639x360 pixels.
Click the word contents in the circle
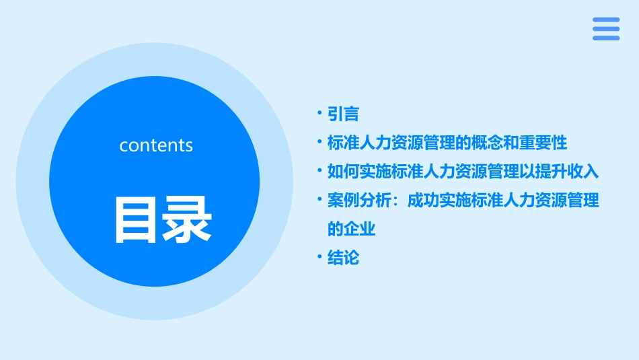tap(156, 145)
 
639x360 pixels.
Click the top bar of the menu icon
tap(606, 20)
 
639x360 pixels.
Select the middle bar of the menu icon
tap(606, 29)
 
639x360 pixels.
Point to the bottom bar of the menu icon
tap(606, 38)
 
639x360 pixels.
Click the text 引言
tap(343, 114)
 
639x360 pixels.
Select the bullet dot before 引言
tap(320, 114)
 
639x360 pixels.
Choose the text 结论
tap(343, 258)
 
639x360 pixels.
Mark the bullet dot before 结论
tap(320, 258)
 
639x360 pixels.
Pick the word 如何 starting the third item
tap(343, 171)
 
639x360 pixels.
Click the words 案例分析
tap(359, 201)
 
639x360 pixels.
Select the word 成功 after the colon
tap(423, 201)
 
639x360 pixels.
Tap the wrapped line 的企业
tap(351, 229)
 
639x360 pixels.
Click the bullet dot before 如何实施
tap(320, 171)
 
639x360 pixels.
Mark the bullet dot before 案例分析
tap(320, 201)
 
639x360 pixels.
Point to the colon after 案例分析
tap(396, 201)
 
